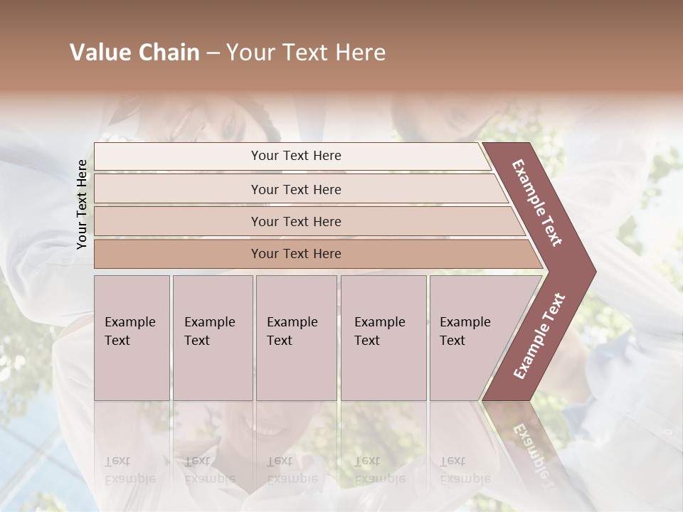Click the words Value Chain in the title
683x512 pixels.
[x=134, y=53]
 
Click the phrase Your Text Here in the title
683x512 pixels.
[x=306, y=53]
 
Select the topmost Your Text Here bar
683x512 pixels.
[x=295, y=156]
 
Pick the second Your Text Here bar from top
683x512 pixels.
[x=295, y=189]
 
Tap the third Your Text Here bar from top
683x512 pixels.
[x=295, y=221]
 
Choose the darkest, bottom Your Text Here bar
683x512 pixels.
[x=295, y=254]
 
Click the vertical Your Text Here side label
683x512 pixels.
[x=82, y=204]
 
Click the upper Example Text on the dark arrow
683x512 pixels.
[x=538, y=203]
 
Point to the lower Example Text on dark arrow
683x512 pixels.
[x=539, y=336]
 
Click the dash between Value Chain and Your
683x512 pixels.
[x=213, y=53]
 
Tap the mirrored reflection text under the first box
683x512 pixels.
[x=129, y=469]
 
